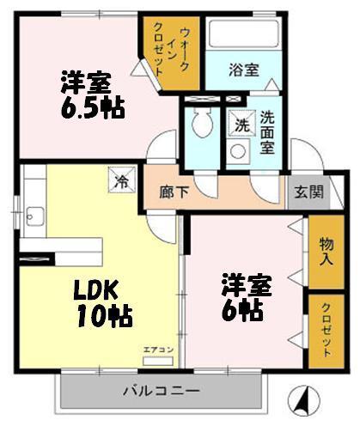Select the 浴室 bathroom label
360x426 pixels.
click(x=244, y=70)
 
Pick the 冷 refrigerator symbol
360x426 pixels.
click(x=121, y=182)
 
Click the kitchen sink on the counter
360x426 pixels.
click(x=34, y=215)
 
